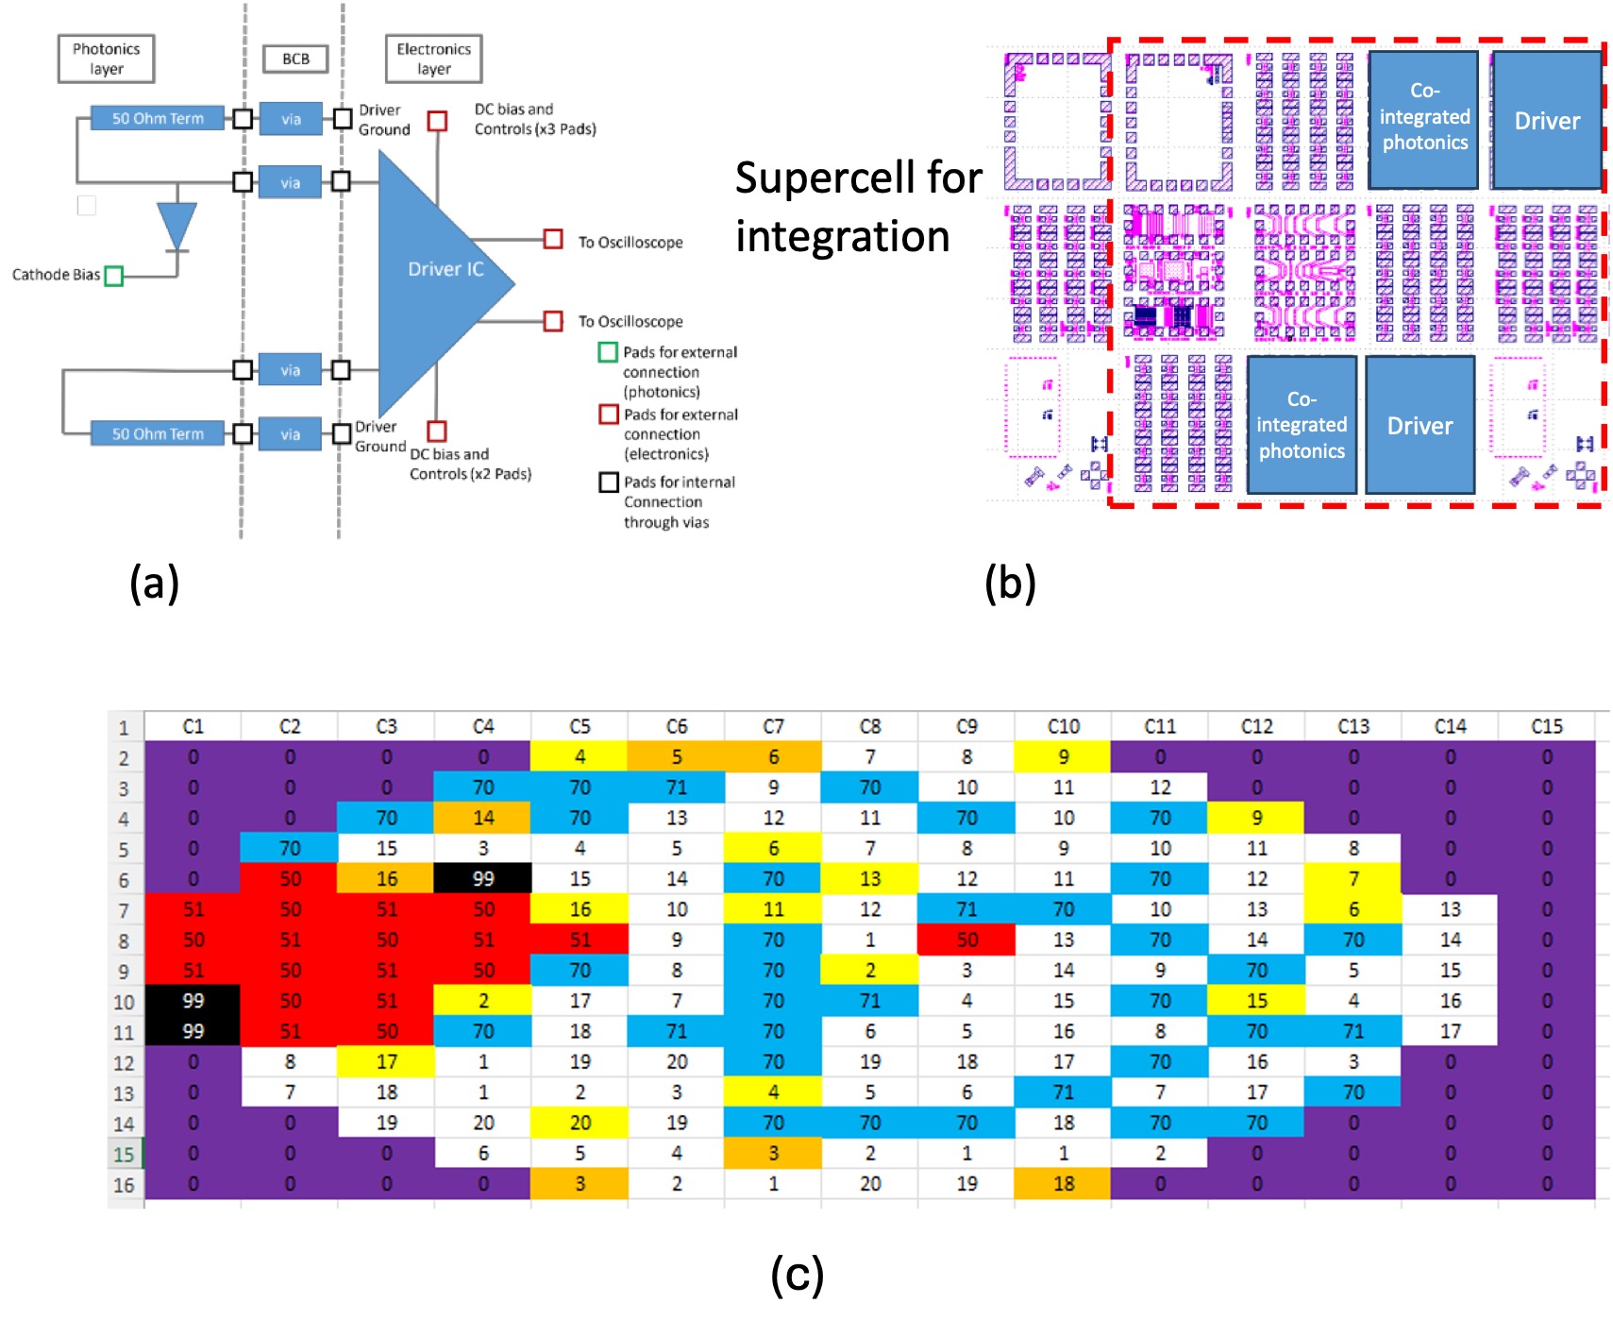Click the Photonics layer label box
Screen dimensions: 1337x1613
pyautogui.click(x=106, y=59)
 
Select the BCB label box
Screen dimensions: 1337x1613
pyautogui.click(x=295, y=59)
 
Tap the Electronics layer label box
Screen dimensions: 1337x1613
pyautogui.click(x=433, y=59)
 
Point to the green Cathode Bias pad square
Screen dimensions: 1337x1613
pyautogui.click(x=114, y=276)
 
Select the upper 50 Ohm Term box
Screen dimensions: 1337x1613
pyautogui.click(x=158, y=118)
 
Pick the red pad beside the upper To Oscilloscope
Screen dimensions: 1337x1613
pyautogui.click(x=553, y=240)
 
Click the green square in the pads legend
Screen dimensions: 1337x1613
pyautogui.click(x=608, y=352)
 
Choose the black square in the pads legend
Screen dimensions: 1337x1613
pyautogui.click(x=609, y=482)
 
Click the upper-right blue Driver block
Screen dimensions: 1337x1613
pyautogui.click(x=1546, y=120)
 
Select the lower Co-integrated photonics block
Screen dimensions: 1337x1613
pyautogui.click(x=1301, y=425)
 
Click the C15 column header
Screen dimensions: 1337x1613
pyautogui.click(x=1546, y=726)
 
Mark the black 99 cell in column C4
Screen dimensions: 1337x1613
pyautogui.click(x=483, y=878)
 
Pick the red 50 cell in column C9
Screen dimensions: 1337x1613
pyautogui.click(x=966, y=939)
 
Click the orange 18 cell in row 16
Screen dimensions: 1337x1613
pyautogui.click(x=1063, y=1183)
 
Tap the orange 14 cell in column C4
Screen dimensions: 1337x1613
pyautogui.click(x=483, y=818)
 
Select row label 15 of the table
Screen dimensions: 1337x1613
pyautogui.click(x=124, y=1154)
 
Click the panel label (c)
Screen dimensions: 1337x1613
pyautogui.click(x=797, y=1275)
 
